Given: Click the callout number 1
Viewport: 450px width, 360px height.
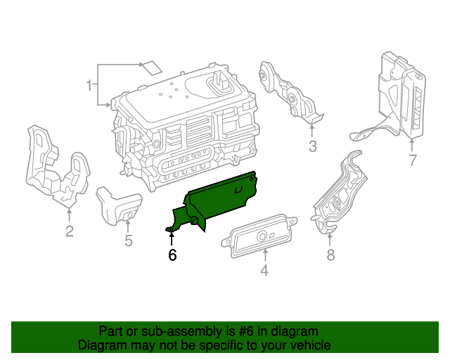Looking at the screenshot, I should [89, 86].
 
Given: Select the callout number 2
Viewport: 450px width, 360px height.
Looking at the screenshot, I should [69, 231].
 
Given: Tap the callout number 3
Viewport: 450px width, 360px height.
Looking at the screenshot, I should [312, 146].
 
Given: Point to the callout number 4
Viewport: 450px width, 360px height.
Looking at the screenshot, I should [264, 270].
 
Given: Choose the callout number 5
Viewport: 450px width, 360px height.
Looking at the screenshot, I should [128, 241].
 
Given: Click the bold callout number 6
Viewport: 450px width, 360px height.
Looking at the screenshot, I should [172, 255].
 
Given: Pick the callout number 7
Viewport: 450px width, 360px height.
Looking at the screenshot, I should [413, 160].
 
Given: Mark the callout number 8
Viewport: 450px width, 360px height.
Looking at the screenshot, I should [330, 255].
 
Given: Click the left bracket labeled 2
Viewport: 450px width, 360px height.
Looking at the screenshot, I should [56, 169].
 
